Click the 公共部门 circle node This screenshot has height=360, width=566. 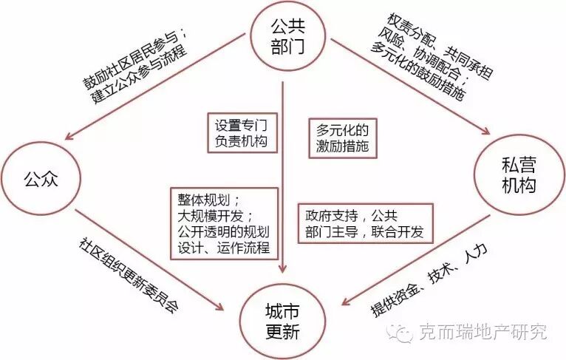(282, 35)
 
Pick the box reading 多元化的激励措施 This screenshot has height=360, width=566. (341, 136)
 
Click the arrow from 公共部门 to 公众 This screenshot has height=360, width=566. (148, 96)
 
